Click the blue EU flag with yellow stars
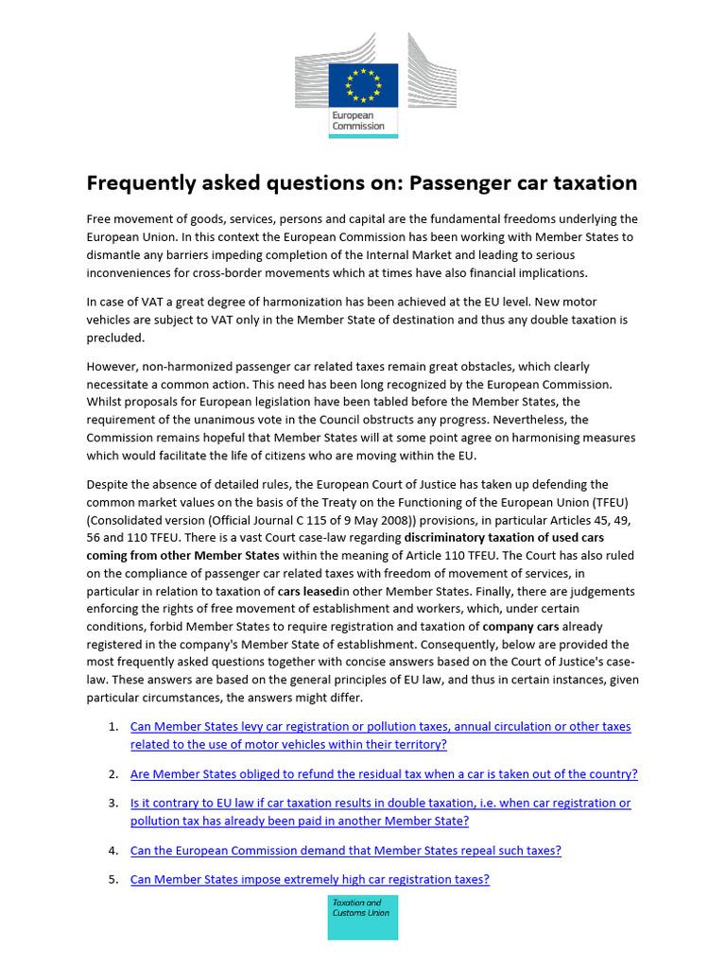tap(363, 85)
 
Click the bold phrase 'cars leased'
tap(308, 591)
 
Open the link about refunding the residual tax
tap(384, 773)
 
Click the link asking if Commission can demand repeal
tap(345, 850)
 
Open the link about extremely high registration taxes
tap(309, 879)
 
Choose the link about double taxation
tap(380, 811)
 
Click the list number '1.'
tap(112, 726)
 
